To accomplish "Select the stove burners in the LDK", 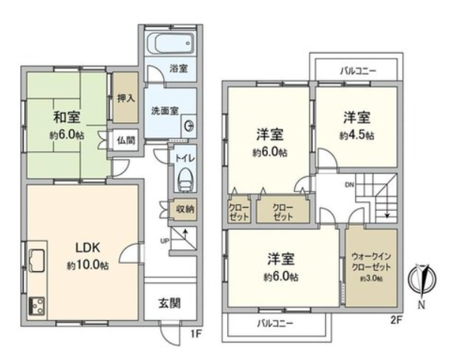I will pos(35,305).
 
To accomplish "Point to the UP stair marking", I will pos(166,240).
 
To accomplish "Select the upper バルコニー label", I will pos(357,70).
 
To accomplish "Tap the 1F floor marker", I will pos(194,331).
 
